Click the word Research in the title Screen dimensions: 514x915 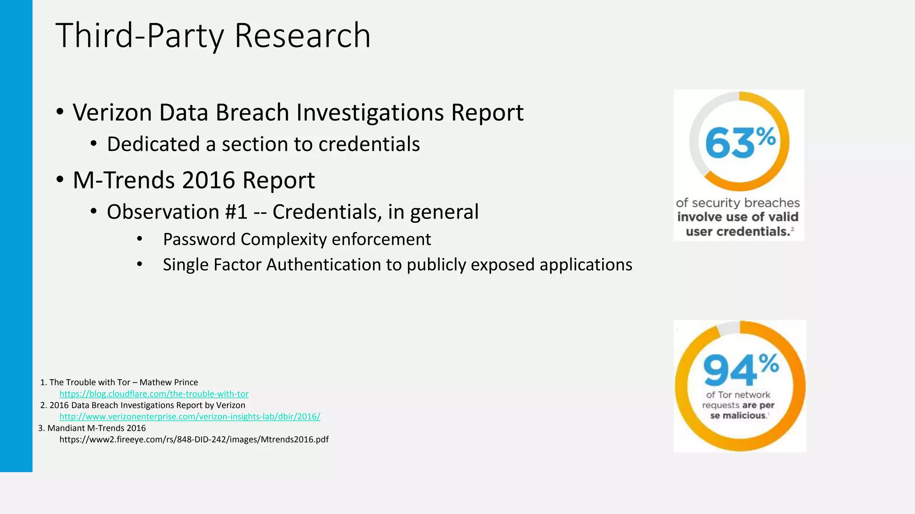coord(302,36)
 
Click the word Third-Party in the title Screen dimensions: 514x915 coord(139,36)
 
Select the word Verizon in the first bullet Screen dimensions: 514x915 coord(112,112)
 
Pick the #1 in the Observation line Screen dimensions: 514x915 coord(236,212)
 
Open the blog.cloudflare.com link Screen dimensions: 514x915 coord(154,394)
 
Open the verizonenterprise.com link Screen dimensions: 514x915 coord(189,417)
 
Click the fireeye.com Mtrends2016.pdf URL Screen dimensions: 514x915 coord(194,439)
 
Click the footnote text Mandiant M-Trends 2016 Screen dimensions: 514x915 coord(97,428)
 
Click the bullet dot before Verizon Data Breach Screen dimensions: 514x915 coord(60,112)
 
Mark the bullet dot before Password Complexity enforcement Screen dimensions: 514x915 coord(139,240)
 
